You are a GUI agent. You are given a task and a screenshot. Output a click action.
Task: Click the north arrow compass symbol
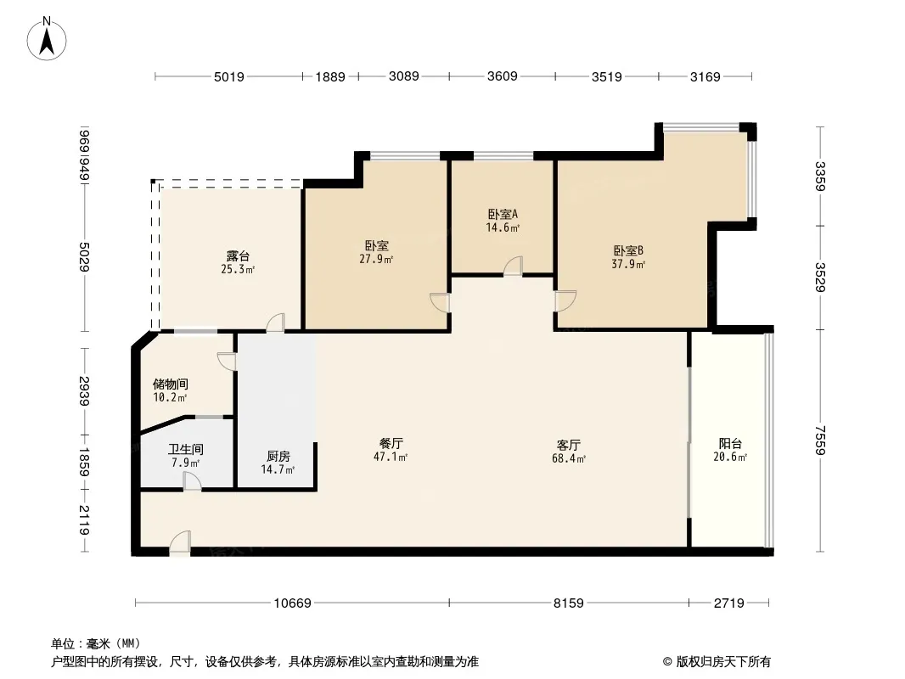point(47,38)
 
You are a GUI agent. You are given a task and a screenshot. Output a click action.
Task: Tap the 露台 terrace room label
point(238,255)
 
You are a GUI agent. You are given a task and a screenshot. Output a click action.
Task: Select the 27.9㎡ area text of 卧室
point(376,260)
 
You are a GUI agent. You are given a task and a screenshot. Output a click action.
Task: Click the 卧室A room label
point(503,214)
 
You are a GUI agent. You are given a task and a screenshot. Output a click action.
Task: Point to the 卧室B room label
point(628,251)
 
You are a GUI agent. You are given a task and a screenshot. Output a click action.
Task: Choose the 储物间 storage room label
point(171,384)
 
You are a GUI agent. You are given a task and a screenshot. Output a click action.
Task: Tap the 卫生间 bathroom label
point(185,449)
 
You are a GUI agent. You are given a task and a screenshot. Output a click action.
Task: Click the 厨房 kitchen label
point(278,457)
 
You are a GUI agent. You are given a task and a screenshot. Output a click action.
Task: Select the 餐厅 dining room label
point(391,444)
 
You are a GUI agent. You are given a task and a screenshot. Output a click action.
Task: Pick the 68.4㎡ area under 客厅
point(569,459)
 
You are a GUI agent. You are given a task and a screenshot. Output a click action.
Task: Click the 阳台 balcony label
point(730,444)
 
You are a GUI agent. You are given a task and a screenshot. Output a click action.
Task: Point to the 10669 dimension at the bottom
point(292,603)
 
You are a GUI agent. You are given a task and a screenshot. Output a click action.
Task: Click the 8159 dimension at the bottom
point(569,603)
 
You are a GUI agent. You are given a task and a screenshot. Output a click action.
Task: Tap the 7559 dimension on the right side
point(820,441)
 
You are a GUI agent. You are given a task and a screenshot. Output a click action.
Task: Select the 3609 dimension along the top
point(502,76)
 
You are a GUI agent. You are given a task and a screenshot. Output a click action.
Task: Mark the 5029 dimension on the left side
point(85,256)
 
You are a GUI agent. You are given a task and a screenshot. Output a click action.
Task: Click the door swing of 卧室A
point(513,266)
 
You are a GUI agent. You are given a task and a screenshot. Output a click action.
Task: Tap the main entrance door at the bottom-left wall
point(180,544)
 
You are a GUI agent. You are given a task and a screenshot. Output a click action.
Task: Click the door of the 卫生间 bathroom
point(192,482)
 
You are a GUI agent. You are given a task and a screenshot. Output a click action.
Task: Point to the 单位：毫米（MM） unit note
point(96,643)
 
